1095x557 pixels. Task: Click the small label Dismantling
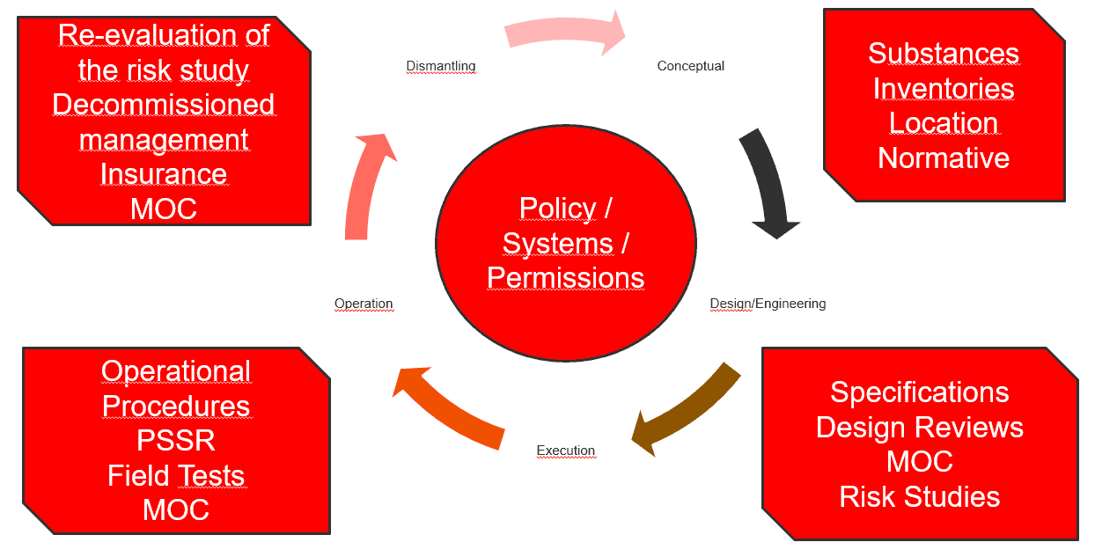[440, 66]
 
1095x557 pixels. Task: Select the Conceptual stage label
[690, 66]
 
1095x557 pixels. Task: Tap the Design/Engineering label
[768, 304]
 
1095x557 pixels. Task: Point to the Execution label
[566, 451]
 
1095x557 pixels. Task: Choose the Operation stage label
[364, 304]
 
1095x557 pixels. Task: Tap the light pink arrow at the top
[563, 33]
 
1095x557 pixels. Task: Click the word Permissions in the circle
[566, 277]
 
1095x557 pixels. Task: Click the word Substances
[944, 53]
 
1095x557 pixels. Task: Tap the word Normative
[944, 158]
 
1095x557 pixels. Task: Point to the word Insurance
[164, 174]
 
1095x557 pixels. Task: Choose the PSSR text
[176, 440]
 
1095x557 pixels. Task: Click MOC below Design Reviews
[920, 462]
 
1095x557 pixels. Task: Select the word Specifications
[920, 392]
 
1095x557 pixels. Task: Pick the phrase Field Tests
[176, 475]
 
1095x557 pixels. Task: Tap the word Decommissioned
[164, 104]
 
